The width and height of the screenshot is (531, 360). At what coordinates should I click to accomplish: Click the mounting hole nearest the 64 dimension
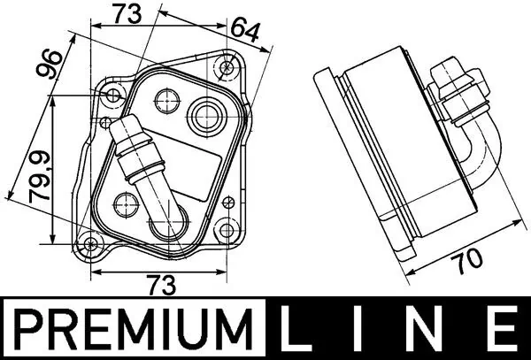(229, 65)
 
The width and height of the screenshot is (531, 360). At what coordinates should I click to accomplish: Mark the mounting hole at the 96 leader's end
(113, 96)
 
